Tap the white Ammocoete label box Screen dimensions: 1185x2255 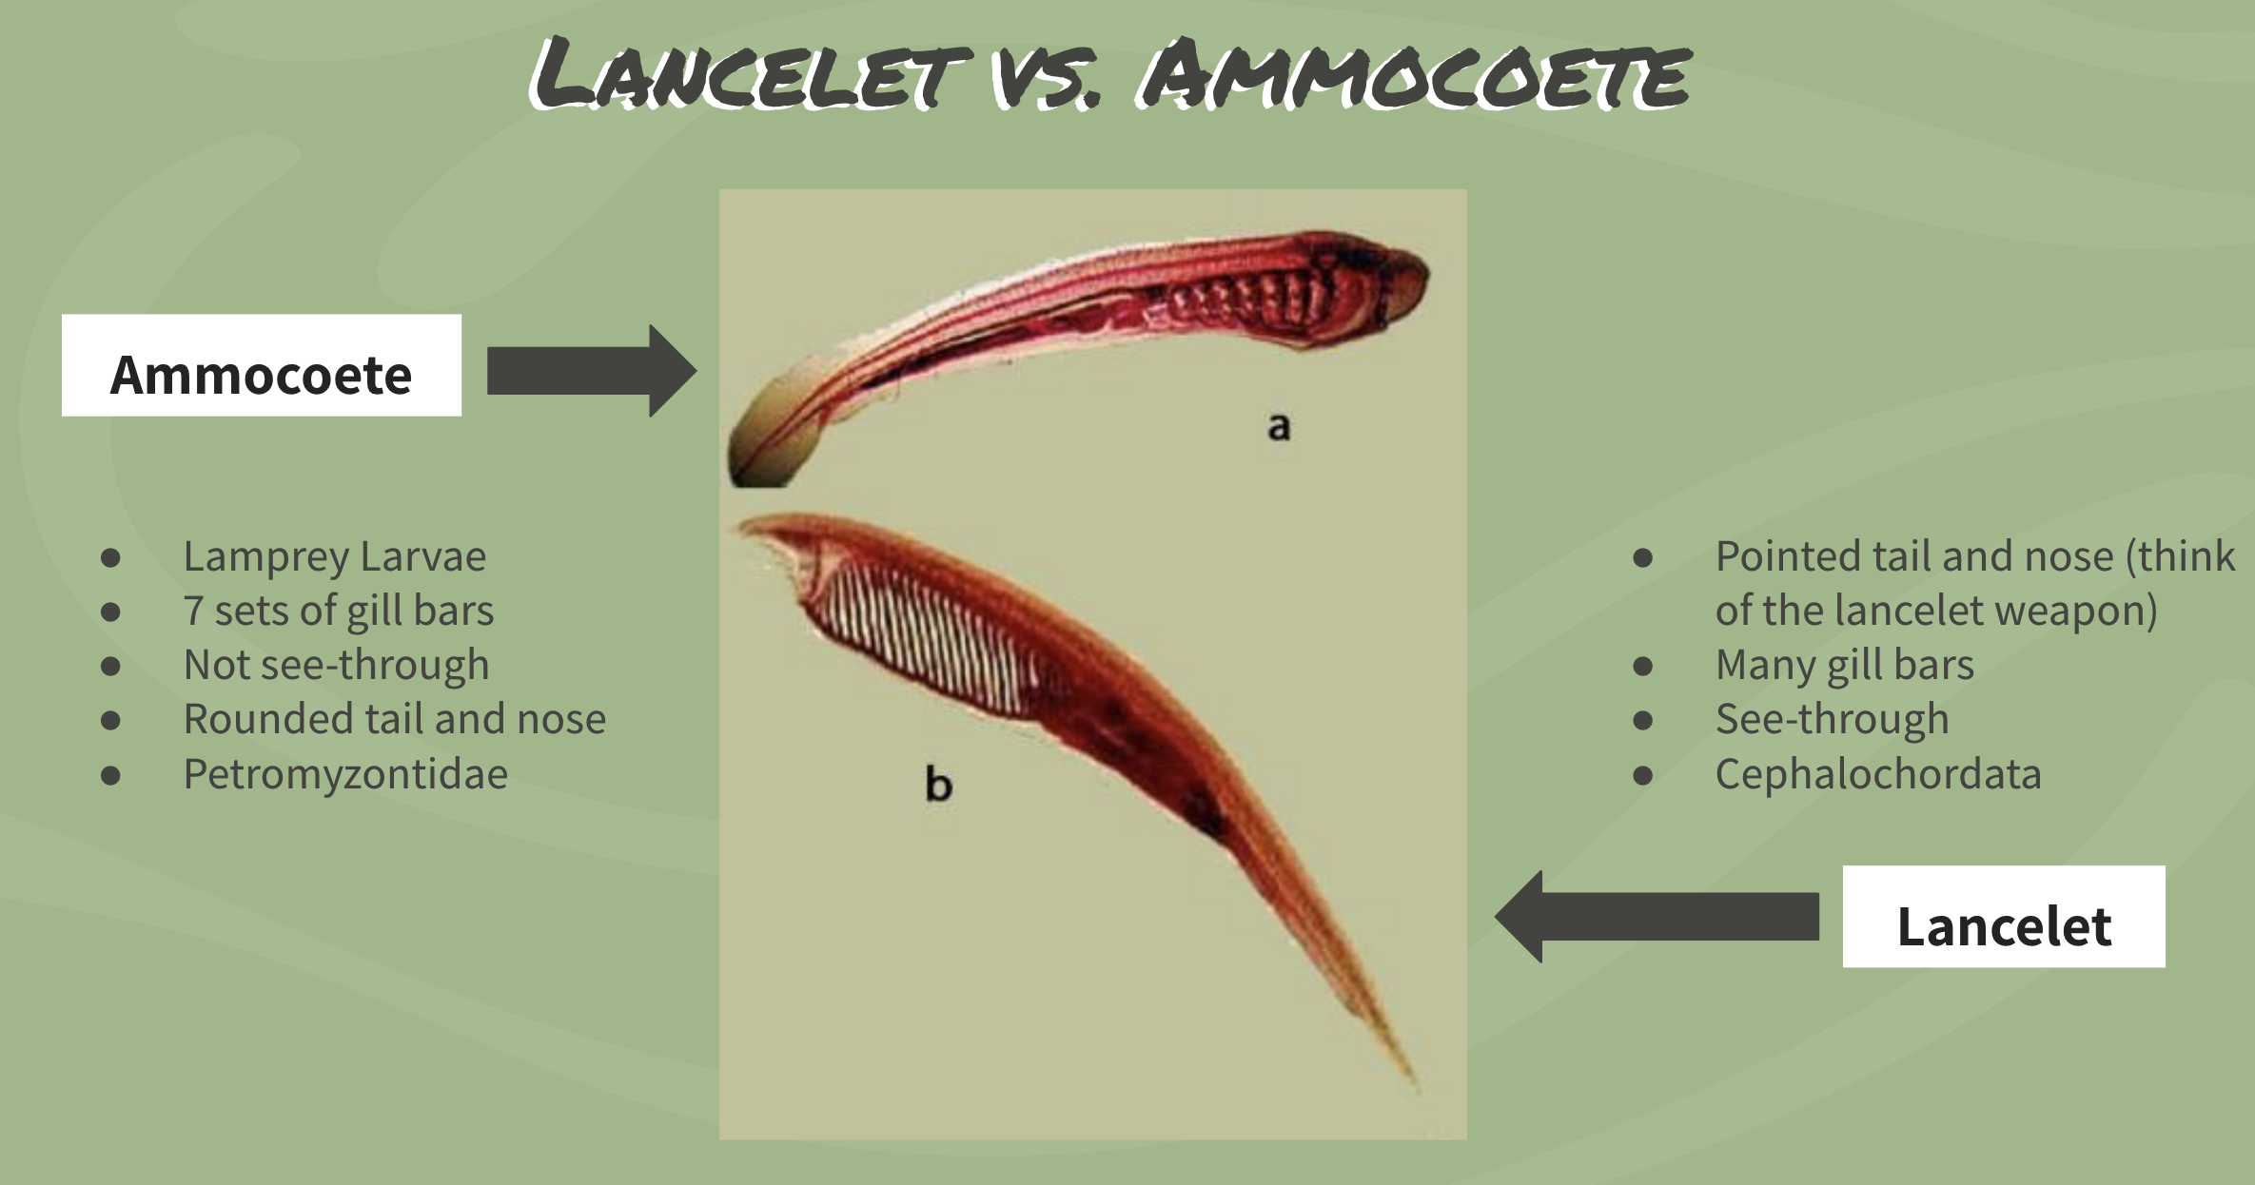[262, 365]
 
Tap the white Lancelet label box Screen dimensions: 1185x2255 [2004, 917]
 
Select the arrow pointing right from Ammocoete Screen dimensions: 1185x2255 [591, 371]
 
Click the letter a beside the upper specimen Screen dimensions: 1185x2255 [1280, 427]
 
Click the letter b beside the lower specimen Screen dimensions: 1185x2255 [938, 786]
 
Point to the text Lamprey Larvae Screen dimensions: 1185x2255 [334, 556]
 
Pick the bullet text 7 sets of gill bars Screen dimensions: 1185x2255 [339, 611]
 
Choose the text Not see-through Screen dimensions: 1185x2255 [336, 665]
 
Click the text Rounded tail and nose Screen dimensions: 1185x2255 [394, 719]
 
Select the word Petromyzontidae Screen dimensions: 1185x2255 [345, 774]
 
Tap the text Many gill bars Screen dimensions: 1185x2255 [1844, 665]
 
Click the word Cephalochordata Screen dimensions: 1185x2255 [1878, 774]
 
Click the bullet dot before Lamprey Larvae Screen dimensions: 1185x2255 [111, 557]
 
